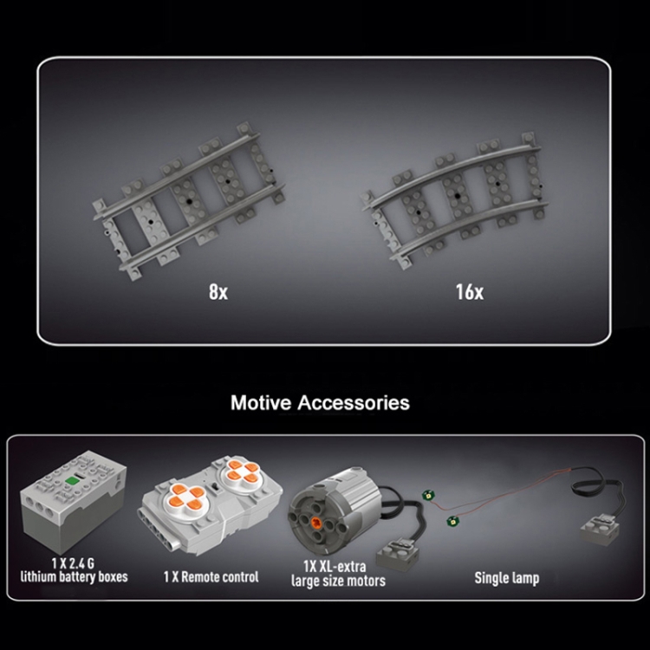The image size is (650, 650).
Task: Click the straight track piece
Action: (x=189, y=201)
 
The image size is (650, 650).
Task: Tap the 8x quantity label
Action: (x=218, y=291)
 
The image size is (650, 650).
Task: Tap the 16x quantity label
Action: (x=470, y=291)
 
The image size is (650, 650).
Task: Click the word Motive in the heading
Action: (x=261, y=402)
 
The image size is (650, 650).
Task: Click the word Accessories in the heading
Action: (x=354, y=402)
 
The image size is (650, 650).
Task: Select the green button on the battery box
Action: (x=72, y=480)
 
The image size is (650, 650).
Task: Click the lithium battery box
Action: (x=74, y=501)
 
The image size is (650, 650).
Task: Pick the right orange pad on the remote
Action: (x=241, y=471)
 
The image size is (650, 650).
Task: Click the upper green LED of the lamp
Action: (x=426, y=495)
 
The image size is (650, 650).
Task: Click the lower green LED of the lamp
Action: (x=451, y=521)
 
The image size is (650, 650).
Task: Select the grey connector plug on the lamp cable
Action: (x=600, y=530)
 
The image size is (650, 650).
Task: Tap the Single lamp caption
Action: (x=507, y=578)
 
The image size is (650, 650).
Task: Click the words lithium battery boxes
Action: (x=75, y=576)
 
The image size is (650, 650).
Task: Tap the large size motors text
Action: (x=338, y=581)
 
